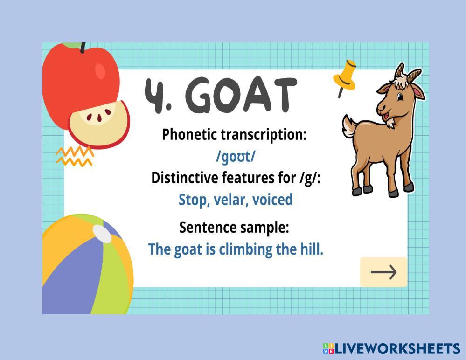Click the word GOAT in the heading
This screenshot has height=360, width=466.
pos(241,95)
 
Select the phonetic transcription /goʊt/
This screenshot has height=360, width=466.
pos(236,157)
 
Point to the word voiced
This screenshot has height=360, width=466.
pos(272,200)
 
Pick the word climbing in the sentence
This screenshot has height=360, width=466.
pos(245,249)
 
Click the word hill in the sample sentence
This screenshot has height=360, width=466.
pos(312,249)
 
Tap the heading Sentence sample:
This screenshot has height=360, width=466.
pos(234,228)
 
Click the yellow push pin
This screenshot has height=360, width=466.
pos(345,78)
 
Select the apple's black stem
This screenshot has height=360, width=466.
pos(83,48)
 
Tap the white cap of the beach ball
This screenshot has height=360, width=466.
pos(102,233)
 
